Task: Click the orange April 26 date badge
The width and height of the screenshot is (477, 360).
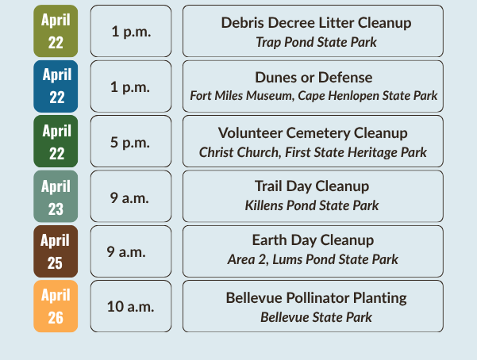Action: coord(56,306)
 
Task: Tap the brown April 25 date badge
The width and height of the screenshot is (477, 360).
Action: coord(56,251)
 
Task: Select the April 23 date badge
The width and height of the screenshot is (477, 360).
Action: coord(56,196)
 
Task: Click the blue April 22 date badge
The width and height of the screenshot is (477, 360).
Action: coord(56,86)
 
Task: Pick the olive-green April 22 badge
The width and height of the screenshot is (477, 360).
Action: coord(56,31)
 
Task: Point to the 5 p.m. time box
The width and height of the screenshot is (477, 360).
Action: coord(130,141)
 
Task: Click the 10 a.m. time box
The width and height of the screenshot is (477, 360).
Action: coord(130,306)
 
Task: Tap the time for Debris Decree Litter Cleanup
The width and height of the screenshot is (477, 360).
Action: coord(130,31)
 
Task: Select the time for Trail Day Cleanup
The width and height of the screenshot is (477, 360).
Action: coord(130,196)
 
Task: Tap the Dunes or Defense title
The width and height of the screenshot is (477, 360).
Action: coord(313,78)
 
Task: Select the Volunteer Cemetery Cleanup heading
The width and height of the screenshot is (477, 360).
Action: coord(313,133)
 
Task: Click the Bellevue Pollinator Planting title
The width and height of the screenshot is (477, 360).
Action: coord(316,298)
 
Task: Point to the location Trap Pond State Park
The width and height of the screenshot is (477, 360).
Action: coord(316,41)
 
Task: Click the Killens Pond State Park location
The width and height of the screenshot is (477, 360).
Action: coord(312,206)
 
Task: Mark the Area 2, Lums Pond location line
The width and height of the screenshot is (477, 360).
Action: coord(313,260)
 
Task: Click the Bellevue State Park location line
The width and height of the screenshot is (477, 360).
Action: coord(316,316)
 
